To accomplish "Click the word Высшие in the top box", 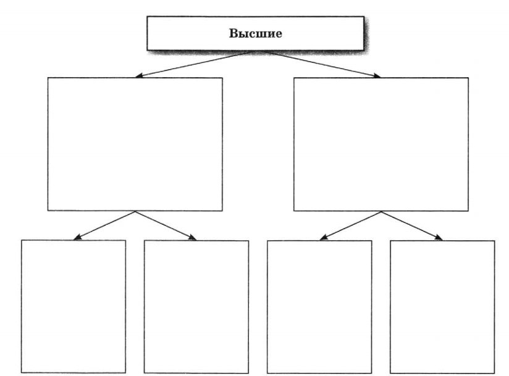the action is pos(256,33).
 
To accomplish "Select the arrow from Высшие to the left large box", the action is pos(194,64).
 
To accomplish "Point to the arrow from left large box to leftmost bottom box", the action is pos(104,226).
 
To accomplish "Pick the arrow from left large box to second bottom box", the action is pos(166,226).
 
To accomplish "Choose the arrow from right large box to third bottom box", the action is pos(350,226).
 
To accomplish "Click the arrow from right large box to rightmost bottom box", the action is pos(412,226).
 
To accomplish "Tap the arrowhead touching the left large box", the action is pos(139,75).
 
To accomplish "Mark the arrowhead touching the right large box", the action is pos(377,75).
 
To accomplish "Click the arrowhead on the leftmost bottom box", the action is pos(77,238).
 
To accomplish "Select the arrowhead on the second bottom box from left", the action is pos(193,238).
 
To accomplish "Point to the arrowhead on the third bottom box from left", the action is pos(323,238).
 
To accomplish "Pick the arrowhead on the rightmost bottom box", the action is pos(439,238).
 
